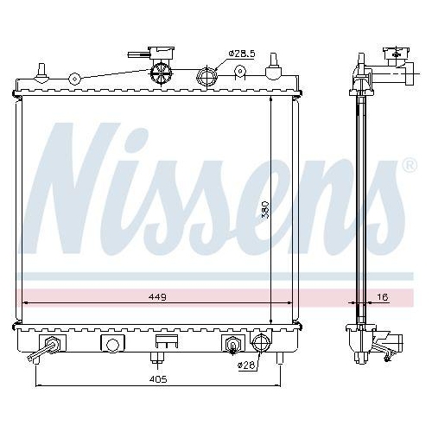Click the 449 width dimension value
pyautogui.click(x=156, y=296)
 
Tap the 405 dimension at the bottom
pyautogui.click(x=156, y=378)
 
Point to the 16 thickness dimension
pyautogui.click(x=383, y=296)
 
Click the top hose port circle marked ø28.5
pyautogui.click(x=208, y=77)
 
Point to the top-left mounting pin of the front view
pyautogui.click(x=41, y=67)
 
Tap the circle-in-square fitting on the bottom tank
pyautogui.click(x=111, y=344)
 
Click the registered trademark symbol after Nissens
pyautogui.click(x=408, y=163)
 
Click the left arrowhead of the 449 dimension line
pyautogui.click(x=24, y=302)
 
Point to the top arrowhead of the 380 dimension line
pyautogui.click(x=271, y=98)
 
